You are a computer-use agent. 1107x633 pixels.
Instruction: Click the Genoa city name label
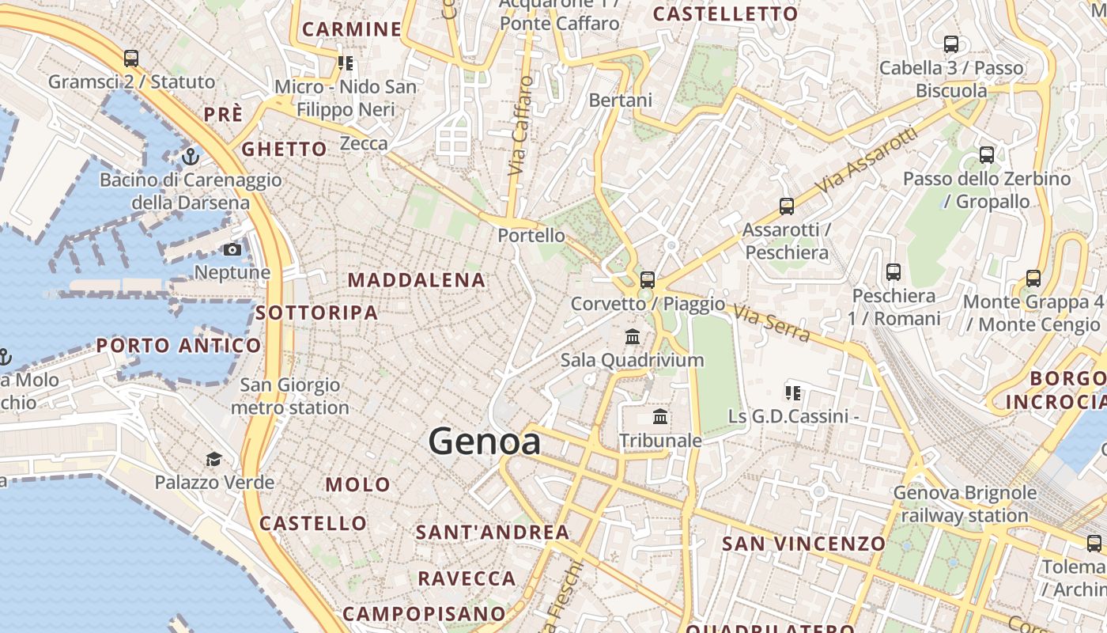coord(485,442)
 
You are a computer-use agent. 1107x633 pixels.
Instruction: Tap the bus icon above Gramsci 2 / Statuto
coord(131,59)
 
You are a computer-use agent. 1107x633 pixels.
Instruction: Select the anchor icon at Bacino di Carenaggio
coord(190,157)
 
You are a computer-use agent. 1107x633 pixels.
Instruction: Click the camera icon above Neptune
coord(232,250)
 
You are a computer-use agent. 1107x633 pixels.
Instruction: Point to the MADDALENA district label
coord(417,280)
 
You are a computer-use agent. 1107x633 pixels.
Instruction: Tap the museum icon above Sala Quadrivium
coord(633,337)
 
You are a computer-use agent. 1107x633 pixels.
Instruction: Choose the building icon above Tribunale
coord(660,417)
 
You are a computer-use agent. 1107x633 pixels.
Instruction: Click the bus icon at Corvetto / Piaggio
coord(648,279)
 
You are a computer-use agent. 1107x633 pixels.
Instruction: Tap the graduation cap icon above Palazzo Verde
coord(213,459)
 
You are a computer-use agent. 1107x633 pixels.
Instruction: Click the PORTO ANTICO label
coord(179,346)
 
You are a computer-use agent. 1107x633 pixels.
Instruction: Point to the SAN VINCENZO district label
coord(803,544)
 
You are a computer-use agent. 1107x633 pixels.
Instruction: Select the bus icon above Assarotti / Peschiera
coord(787,207)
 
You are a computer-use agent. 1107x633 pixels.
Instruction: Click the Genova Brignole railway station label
coord(965,504)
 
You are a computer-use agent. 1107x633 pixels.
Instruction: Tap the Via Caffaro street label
coord(519,127)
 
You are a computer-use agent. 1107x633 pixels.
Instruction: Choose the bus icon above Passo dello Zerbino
coord(987,155)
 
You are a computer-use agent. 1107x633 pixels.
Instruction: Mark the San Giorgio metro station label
coord(289,396)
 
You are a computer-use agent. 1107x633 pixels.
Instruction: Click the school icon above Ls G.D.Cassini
coord(793,392)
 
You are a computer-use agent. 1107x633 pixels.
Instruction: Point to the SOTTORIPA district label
coord(316,313)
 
